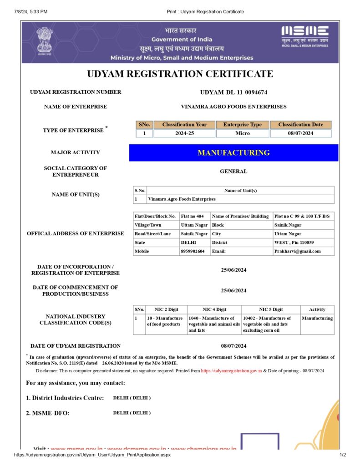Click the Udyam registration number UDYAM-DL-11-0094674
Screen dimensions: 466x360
233,92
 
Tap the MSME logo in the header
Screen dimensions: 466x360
304,36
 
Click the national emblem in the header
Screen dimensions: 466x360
45,41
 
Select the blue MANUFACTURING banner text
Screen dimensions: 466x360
233,153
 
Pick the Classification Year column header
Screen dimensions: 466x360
184,125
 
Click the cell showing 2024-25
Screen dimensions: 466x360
184,133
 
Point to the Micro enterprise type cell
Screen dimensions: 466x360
243,133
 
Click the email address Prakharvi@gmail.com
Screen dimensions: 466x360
297,251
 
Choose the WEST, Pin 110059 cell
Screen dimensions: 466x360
294,243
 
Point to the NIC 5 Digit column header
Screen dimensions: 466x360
271,309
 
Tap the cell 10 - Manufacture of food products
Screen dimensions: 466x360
165,321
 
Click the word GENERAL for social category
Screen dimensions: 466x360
233,172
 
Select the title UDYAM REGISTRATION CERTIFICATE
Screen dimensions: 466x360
180,74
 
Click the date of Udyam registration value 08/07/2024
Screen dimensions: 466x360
233,346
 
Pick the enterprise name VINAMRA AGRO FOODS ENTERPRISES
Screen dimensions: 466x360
233,107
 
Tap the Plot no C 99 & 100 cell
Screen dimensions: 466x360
302,216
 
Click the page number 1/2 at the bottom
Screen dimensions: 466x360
343,455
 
